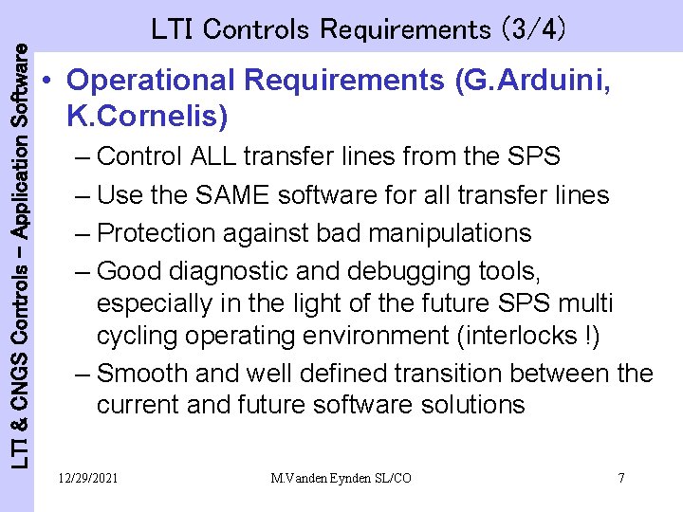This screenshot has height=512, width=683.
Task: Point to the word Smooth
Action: point(145,373)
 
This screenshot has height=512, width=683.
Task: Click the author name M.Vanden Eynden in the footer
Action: point(315,478)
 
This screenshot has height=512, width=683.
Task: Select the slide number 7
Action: point(620,478)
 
